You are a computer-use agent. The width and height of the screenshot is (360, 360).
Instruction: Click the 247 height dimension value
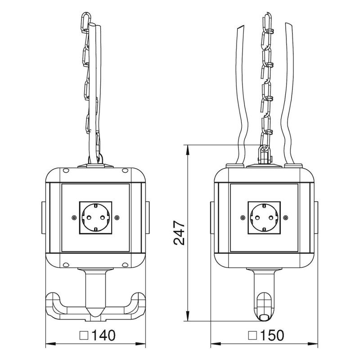[x=179, y=233]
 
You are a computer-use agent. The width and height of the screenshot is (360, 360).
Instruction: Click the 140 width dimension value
[x=103, y=335]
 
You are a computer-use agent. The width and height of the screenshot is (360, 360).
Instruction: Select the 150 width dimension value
[x=272, y=335]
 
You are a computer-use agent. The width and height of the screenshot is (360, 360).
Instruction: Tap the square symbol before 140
[x=84, y=335]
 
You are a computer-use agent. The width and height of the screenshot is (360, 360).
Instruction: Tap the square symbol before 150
[x=252, y=335]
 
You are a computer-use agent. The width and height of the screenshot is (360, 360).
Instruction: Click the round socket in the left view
[x=95, y=217]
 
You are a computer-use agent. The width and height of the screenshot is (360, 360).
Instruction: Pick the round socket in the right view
[x=264, y=217]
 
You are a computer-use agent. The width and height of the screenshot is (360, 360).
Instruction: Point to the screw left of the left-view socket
[x=74, y=217]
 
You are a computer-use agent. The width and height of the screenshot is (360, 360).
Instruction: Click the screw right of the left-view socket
[x=117, y=217]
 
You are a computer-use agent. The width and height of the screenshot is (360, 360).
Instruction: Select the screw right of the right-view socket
[x=286, y=217]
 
